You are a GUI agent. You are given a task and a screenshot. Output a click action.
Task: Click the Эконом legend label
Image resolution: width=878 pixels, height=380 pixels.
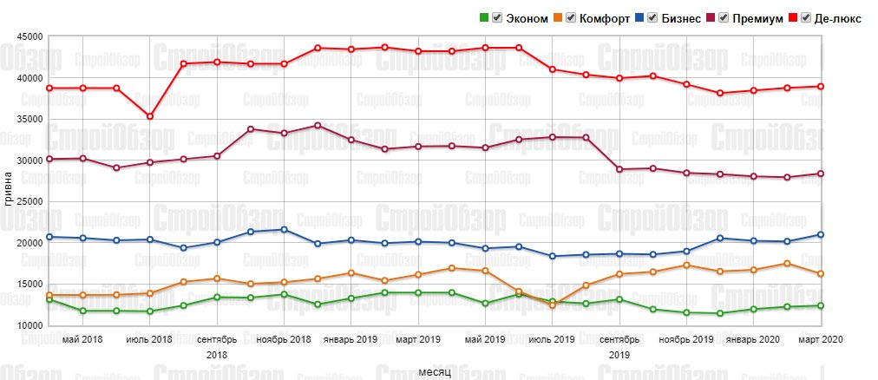pos(527,18)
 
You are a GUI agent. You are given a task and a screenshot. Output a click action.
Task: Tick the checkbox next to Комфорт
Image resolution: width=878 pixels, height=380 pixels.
pos(571,18)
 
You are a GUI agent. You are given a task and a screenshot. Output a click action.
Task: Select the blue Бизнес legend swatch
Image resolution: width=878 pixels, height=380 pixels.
pos(639,18)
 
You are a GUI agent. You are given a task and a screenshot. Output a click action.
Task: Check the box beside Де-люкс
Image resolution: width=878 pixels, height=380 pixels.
pos(807,18)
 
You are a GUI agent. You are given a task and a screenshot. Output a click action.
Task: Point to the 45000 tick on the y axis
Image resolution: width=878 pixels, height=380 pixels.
pos(29,37)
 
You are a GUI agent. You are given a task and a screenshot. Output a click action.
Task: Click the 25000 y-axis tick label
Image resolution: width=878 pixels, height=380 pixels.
pos(29,202)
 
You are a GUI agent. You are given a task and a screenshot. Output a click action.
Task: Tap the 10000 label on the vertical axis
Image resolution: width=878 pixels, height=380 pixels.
pos(29,325)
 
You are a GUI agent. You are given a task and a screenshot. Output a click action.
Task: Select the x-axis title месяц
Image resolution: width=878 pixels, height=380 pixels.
pos(434,371)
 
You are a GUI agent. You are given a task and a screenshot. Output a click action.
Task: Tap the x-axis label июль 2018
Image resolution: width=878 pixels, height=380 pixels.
pos(150,339)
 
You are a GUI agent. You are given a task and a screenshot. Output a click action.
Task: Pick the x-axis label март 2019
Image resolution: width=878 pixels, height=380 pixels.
pos(418,339)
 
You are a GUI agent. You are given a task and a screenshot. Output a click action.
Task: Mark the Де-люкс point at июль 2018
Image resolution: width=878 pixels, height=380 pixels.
pos(150,116)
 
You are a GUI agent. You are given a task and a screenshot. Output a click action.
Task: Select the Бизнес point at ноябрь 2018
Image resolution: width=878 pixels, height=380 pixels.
pos(284,230)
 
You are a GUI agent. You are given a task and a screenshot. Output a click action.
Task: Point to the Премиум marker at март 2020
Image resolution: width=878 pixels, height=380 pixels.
pos(821,174)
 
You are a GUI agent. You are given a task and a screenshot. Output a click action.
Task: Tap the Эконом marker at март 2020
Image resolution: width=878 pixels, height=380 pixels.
pos(821,305)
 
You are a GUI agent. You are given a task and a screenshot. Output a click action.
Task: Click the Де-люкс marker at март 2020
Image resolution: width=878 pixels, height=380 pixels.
pos(821,87)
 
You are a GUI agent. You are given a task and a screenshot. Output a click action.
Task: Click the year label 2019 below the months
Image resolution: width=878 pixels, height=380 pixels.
pos(619,355)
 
